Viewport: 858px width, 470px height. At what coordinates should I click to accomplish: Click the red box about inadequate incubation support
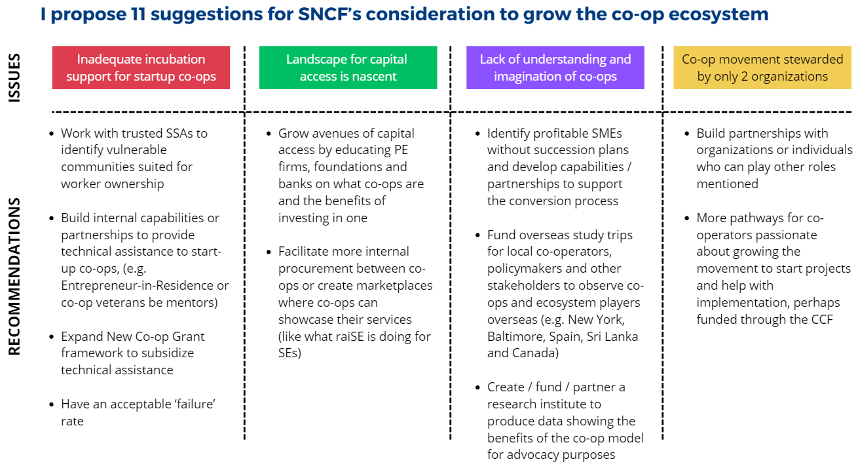point(141,68)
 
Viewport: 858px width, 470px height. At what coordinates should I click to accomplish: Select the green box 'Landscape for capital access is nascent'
point(348,68)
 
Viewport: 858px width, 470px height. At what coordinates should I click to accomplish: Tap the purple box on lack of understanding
point(555,68)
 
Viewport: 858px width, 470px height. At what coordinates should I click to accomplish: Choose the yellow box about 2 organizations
point(762,68)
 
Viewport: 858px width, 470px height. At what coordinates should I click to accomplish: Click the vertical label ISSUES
point(14,77)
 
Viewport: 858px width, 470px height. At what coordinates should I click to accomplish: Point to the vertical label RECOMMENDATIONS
point(14,277)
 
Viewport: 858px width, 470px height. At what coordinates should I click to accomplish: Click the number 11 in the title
point(138,14)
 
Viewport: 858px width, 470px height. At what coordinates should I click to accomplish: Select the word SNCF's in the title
point(330,14)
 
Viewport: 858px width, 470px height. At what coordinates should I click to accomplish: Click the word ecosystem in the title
point(718,15)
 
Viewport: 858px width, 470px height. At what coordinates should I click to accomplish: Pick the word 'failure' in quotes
point(195,404)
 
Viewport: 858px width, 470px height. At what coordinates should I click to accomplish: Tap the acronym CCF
point(822,320)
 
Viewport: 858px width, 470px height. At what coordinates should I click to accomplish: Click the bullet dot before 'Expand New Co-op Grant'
point(52,337)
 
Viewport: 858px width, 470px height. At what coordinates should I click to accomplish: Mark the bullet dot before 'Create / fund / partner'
point(477,387)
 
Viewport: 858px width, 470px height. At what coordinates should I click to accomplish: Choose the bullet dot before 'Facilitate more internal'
point(269,252)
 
